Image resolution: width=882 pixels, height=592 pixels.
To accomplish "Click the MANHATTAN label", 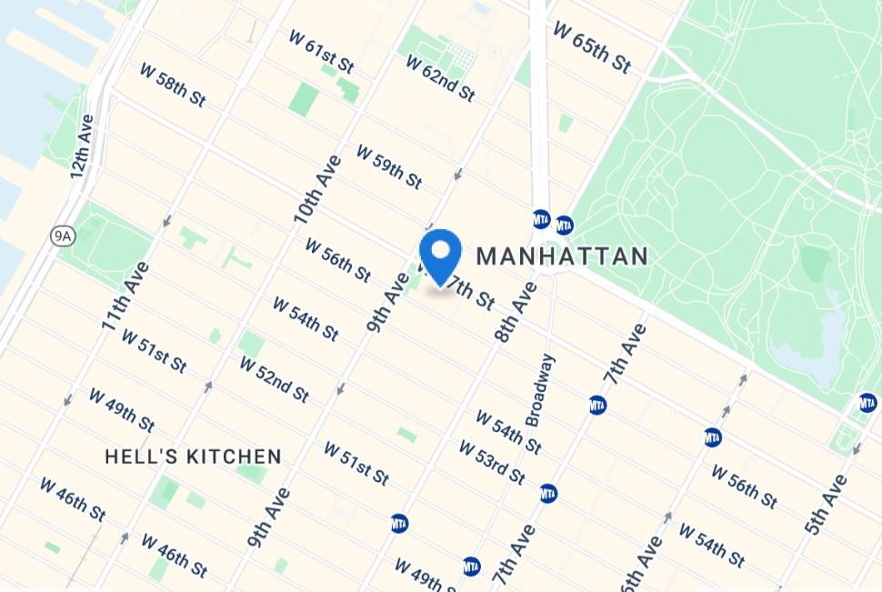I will click(562, 256).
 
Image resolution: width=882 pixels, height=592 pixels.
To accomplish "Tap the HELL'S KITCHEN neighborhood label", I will click(193, 457).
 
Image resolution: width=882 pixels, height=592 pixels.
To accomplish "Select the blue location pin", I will click(440, 257).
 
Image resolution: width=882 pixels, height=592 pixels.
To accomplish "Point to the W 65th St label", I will click(591, 48).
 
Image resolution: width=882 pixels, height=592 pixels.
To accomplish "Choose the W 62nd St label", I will click(440, 78).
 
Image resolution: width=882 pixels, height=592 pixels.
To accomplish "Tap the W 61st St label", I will click(321, 51).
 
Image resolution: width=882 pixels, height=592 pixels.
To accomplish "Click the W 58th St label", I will click(173, 85).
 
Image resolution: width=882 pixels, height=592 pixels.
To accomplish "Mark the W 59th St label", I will click(388, 165).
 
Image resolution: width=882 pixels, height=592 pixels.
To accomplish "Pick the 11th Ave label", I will click(125, 296).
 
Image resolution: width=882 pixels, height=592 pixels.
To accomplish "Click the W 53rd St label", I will click(492, 463).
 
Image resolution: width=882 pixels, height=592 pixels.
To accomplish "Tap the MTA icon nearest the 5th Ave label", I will click(867, 402).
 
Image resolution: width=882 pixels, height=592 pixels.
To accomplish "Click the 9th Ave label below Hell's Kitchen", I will click(269, 517).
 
